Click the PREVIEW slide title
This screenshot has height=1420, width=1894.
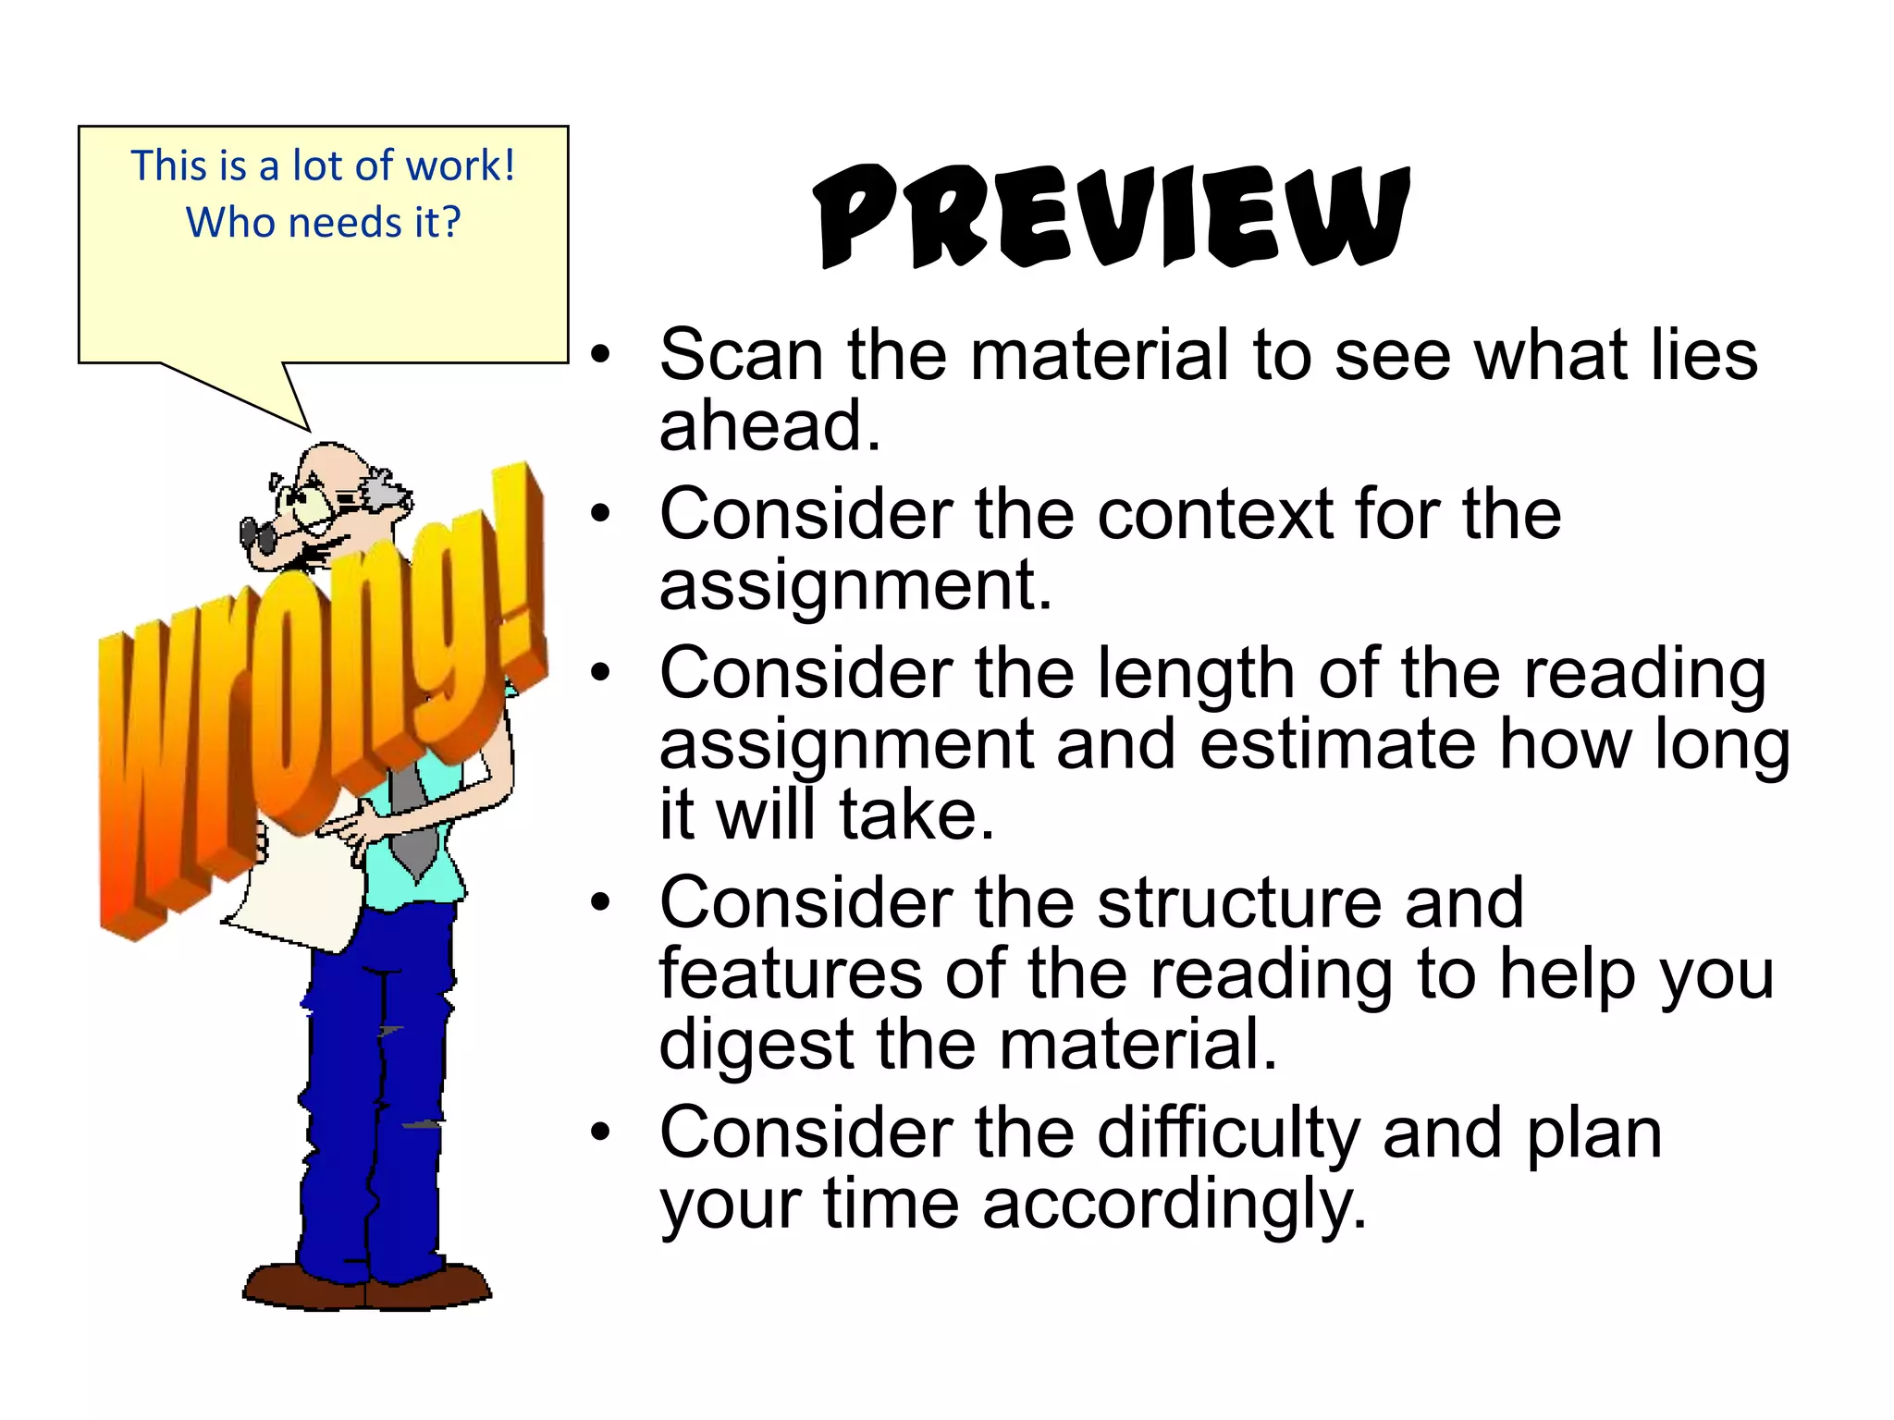(1113, 216)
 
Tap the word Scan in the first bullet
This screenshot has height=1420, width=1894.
(741, 355)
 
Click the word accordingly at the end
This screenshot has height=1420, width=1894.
(1174, 1206)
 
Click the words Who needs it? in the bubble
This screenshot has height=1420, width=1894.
(324, 223)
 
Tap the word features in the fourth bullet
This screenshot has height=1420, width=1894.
(791, 974)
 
